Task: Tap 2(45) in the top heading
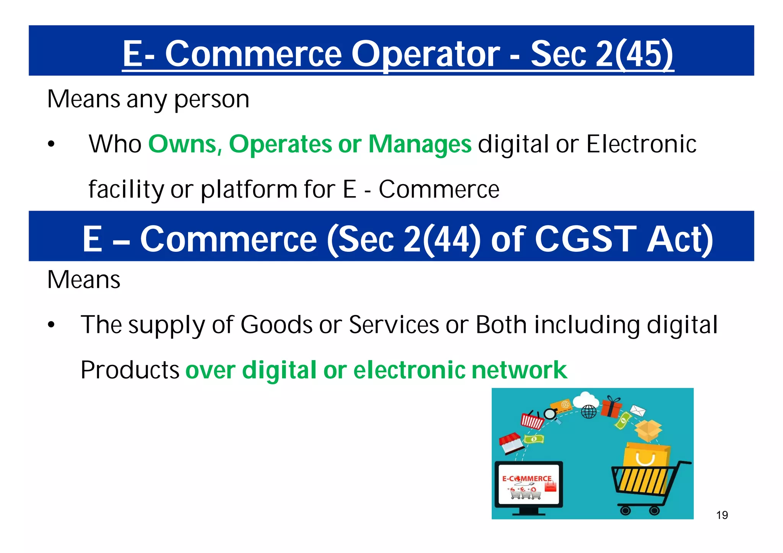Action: (x=634, y=54)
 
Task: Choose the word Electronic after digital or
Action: (x=641, y=144)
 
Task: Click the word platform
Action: (x=249, y=190)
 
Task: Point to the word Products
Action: (x=130, y=370)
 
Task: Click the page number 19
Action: (x=722, y=515)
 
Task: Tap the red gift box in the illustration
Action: (x=612, y=407)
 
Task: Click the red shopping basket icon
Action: (x=532, y=421)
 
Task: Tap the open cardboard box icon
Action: (x=648, y=430)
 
